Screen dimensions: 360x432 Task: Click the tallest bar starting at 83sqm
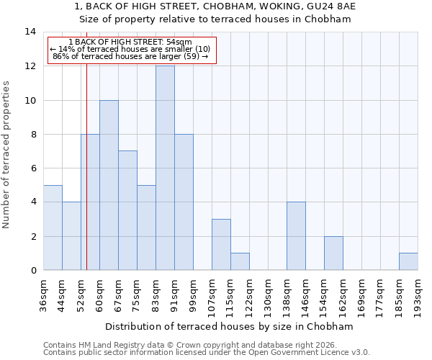coord(165,168)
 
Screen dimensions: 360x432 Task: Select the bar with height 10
coord(109,185)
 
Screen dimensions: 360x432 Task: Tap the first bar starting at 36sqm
coord(53,228)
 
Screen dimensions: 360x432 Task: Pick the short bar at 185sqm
coord(408,261)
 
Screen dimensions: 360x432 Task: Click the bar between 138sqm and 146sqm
coord(296,236)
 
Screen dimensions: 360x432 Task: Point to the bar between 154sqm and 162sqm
coord(333,253)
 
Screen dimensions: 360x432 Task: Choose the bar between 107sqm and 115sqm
coord(221,245)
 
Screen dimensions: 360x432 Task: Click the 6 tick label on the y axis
coord(32,168)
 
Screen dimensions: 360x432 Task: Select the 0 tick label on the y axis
coord(32,270)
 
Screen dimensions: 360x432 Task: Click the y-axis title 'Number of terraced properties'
coord(7,155)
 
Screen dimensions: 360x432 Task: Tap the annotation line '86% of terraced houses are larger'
coord(130,56)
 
